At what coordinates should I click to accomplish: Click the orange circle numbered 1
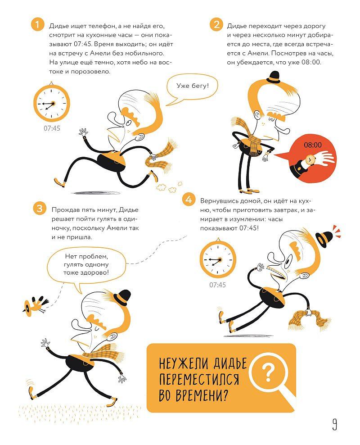37,24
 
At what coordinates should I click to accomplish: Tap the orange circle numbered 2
216,24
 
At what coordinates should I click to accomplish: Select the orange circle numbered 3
40,208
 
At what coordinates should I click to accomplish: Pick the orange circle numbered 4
189,200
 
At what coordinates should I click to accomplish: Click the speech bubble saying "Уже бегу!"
192,86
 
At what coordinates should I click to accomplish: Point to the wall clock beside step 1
52,102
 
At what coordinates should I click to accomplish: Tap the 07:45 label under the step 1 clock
52,128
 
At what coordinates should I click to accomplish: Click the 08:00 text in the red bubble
313,145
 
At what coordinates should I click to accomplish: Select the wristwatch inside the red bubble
310,159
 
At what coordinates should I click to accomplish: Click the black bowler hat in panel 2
275,77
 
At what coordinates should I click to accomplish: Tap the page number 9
334,424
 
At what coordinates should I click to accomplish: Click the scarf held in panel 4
310,319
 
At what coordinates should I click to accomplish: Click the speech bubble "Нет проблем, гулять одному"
86,267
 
